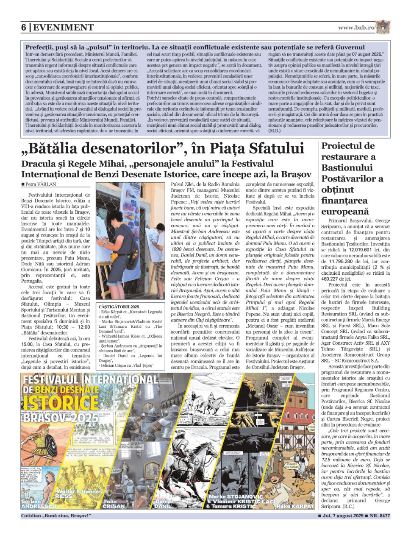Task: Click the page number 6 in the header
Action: point(24,28)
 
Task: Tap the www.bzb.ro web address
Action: point(356,28)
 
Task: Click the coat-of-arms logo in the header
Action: point(383,27)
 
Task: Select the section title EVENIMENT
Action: point(64,28)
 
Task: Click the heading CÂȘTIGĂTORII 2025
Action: point(119,307)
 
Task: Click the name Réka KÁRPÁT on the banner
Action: point(295,506)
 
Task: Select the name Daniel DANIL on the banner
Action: point(164,504)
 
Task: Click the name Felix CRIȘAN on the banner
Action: point(114,504)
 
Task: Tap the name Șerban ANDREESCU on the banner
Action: point(39,504)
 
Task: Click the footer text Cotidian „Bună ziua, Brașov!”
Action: point(56,516)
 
